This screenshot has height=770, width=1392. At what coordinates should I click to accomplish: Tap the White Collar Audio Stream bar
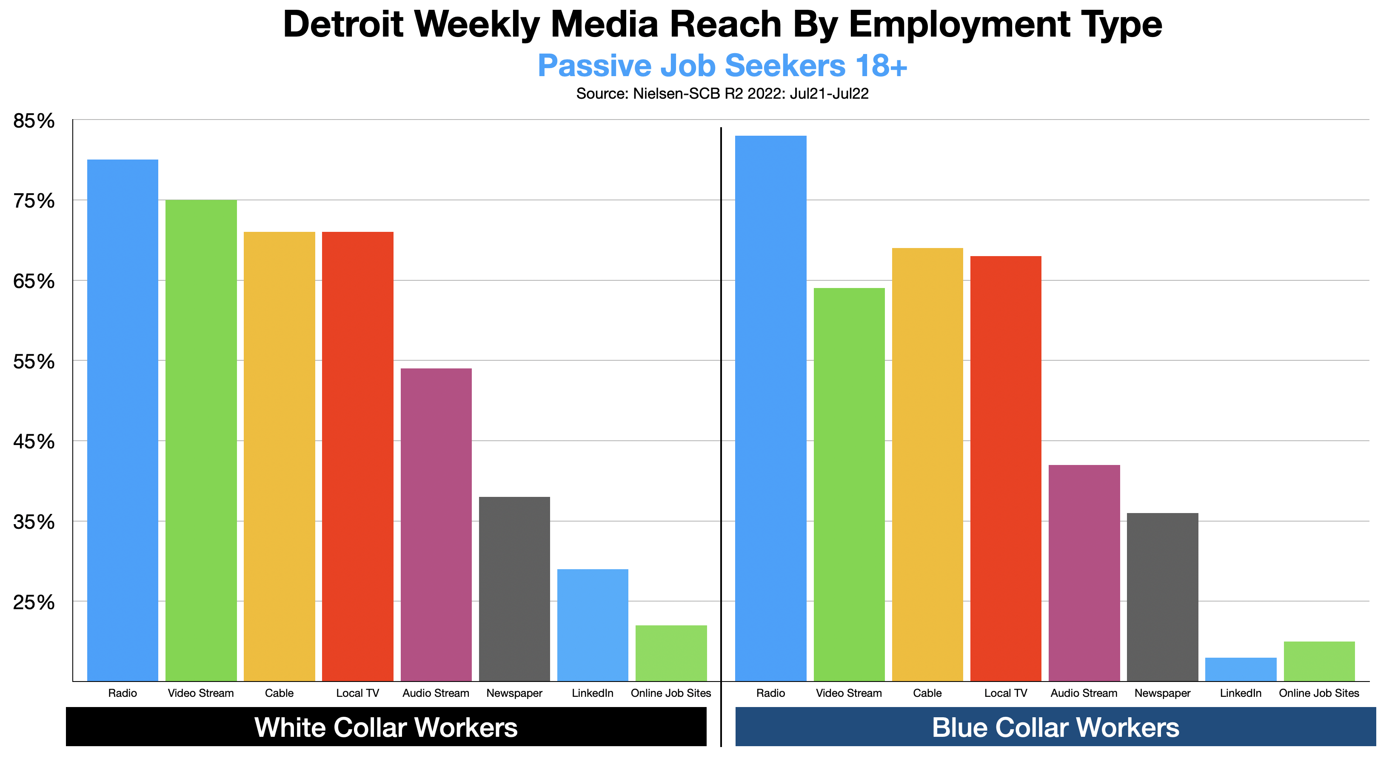pyautogui.click(x=436, y=524)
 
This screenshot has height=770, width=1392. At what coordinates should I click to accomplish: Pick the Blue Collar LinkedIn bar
pyautogui.click(x=1241, y=670)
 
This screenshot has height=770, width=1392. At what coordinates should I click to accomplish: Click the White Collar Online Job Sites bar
pyautogui.click(x=671, y=653)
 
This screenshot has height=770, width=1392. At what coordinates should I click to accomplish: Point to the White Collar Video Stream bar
pyautogui.click(x=201, y=440)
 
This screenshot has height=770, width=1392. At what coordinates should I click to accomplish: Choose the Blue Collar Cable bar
pyautogui.click(x=927, y=464)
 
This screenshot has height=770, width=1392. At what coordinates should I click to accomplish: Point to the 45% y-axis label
pyautogui.click(x=34, y=442)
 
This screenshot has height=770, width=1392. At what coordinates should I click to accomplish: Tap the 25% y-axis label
pyautogui.click(x=34, y=602)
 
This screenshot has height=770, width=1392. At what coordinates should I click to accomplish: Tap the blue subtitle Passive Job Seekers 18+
pyautogui.click(x=722, y=66)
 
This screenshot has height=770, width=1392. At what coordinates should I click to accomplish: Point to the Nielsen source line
pyautogui.click(x=722, y=94)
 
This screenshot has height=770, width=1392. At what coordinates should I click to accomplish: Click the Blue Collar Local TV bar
pyautogui.click(x=1006, y=468)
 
